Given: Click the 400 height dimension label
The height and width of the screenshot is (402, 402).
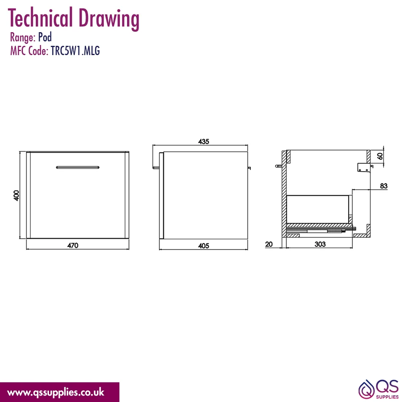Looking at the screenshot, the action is pyautogui.click(x=16, y=196).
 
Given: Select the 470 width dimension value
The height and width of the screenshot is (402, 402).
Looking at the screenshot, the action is pyautogui.click(x=73, y=246).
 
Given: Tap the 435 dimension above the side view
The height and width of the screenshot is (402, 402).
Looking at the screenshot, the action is pyautogui.click(x=203, y=142).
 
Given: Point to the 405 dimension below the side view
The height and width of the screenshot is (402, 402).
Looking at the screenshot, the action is pyautogui.click(x=203, y=246).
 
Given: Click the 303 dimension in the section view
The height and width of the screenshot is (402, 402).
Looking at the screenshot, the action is pyautogui.click(x=320, y=244).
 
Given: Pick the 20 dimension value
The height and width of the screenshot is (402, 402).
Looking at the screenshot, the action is pyautogui.click(x=269, y=244).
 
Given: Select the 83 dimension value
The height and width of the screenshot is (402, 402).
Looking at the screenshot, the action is pyautogui.click(x=384, y=186).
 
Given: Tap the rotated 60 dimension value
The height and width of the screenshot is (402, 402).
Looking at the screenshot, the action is pyautogui.click(x=380, y=156).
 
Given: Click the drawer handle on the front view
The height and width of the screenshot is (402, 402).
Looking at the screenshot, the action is pyautogui.click(x=78, y=167).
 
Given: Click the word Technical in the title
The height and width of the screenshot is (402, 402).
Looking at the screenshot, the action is pyautogui.click(x=40, y=18).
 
